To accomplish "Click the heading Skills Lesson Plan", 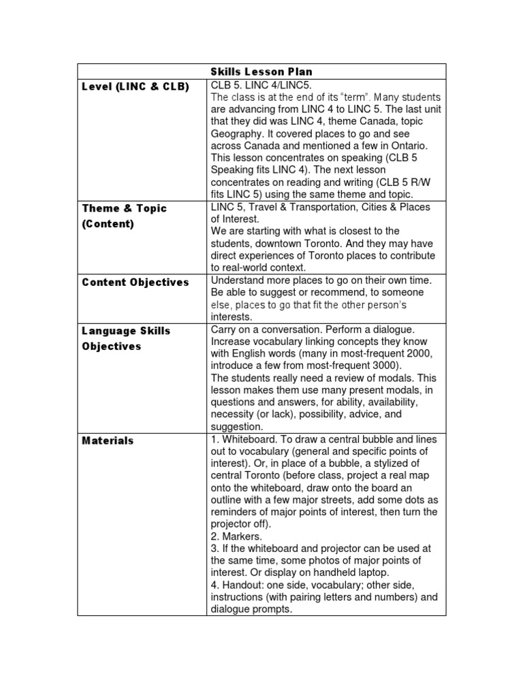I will tap(261, 71).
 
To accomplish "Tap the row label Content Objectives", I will tap(136, 282).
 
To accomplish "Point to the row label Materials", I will tap(108, 440).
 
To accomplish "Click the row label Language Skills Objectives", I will tap(126, 338).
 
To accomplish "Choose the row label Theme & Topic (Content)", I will tap(124, 216).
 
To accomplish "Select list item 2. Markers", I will tap(236, 536).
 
